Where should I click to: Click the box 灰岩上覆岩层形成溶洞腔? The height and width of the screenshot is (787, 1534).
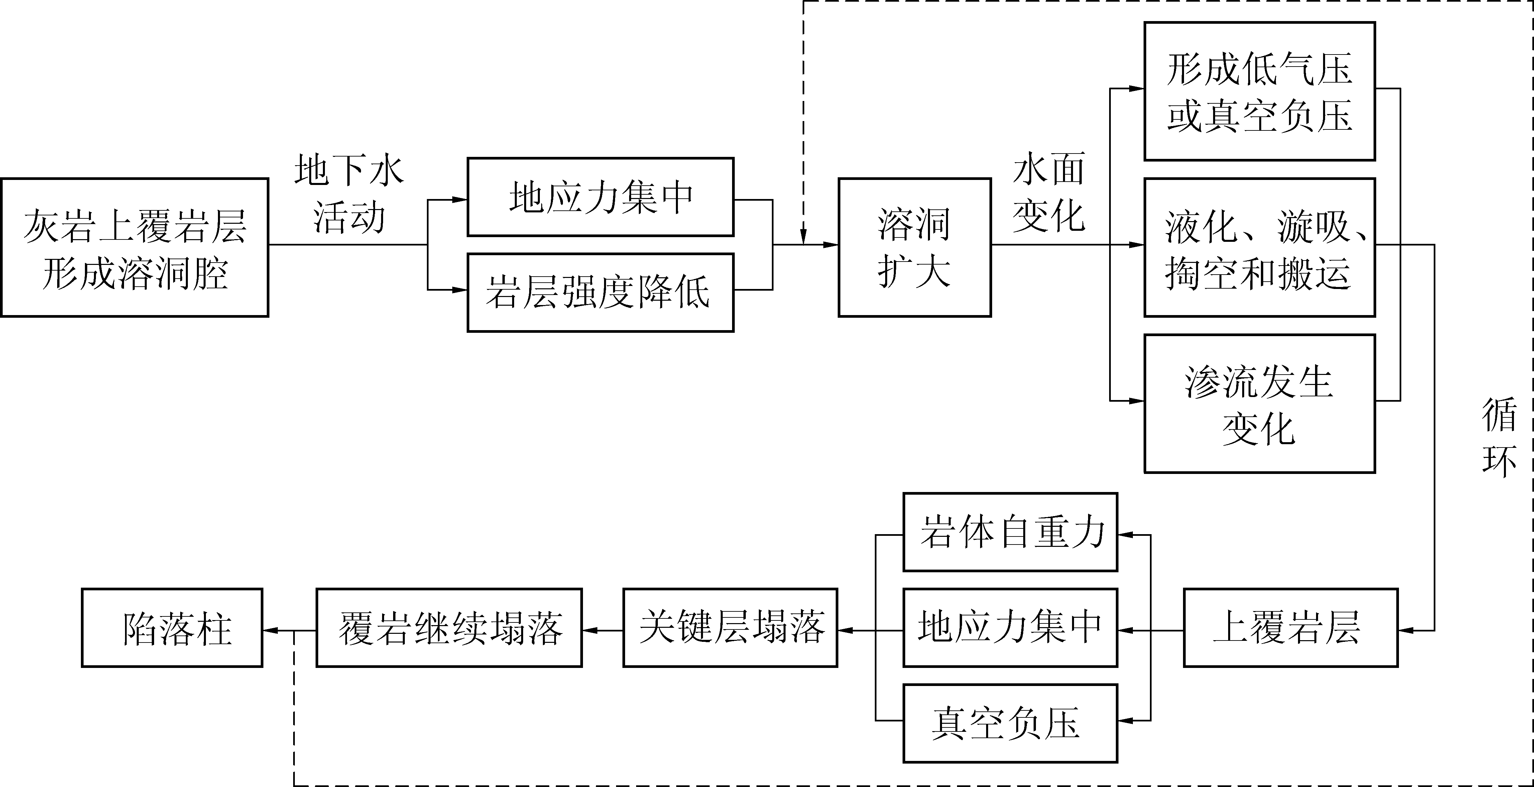point(135,247)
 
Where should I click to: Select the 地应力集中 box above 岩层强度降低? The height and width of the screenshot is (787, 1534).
point(600,197)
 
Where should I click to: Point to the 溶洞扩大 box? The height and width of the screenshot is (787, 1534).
point(915,247)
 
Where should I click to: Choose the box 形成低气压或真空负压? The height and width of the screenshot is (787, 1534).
point(1260,91)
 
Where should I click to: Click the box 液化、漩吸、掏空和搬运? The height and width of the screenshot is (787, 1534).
point(1260,247)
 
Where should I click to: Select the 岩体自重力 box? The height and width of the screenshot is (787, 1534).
point(1010,532)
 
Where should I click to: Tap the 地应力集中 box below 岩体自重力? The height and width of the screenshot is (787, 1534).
point(1010,628)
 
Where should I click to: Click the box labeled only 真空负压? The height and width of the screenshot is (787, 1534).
point(1010,723)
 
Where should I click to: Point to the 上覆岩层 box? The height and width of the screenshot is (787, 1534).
point(1290,628)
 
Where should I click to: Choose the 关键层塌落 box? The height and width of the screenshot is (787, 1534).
point(730,628)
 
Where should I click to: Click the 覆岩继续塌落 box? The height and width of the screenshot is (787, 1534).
point(449,628)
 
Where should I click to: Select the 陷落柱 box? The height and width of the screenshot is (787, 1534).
point(172,628)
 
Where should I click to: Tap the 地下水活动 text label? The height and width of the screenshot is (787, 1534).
point(349,194)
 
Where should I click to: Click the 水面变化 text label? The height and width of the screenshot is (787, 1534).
point(1049,192)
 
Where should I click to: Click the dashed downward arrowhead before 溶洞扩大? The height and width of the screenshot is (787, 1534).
point(803,238)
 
